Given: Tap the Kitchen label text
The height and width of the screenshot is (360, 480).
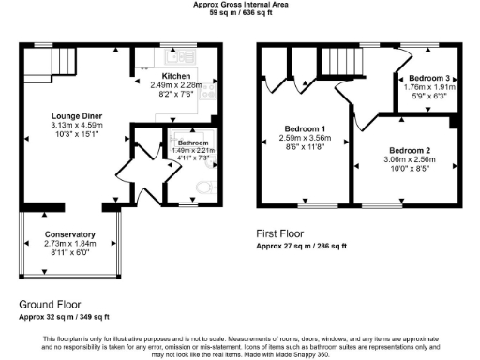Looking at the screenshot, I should coord(176,76).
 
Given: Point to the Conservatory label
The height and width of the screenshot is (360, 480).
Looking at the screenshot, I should coord(69,234).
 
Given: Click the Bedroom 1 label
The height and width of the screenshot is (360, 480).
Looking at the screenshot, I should coord(305,128).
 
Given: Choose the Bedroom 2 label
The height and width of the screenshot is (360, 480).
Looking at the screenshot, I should coord(410,150).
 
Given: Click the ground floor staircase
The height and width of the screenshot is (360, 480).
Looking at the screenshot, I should coord(37,65).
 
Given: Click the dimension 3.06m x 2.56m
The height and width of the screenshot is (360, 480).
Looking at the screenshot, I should coord(410,159).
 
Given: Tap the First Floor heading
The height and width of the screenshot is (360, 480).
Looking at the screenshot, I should coord(280,232).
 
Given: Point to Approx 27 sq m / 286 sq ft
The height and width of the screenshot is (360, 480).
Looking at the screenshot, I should coord(302,246).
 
